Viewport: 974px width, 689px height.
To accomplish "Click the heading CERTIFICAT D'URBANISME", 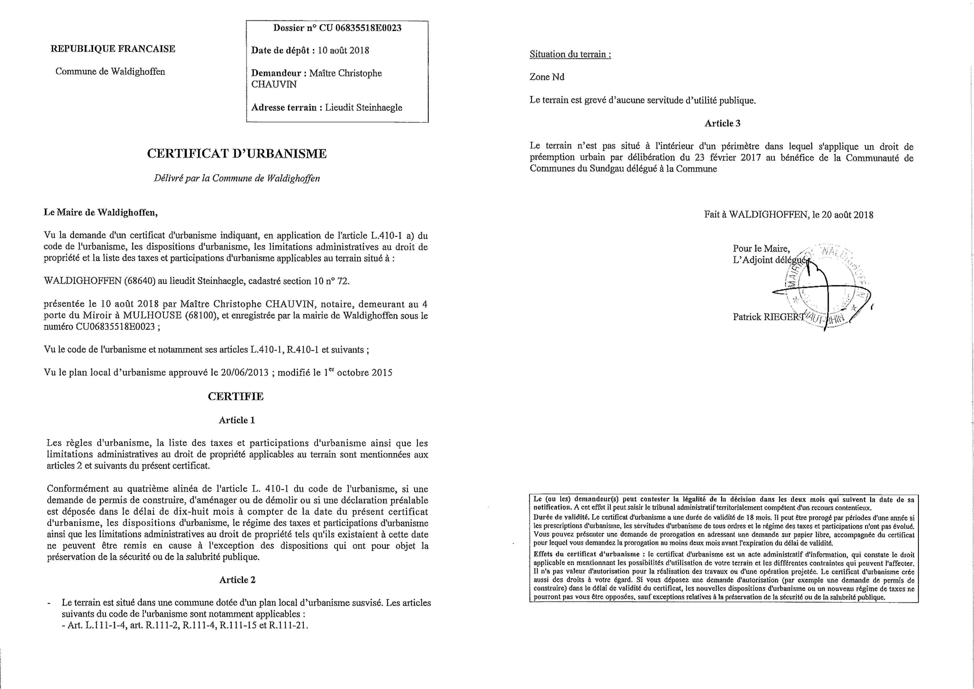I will point(237,154).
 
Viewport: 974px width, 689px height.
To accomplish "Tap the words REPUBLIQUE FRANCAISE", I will point(113,49).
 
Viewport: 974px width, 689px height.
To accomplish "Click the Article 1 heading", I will point(237,420).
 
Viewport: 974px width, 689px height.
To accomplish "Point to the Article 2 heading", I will point(237,580).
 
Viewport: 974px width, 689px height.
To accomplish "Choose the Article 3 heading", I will point(723,124).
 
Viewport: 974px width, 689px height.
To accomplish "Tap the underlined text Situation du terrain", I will point(570,54).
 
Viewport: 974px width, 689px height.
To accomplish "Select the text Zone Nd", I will point(547,77).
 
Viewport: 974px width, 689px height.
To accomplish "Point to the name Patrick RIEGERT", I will point(768,317).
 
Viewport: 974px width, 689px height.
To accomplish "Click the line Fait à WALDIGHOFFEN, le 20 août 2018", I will point(789,215).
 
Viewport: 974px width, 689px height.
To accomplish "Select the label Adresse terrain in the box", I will point(284,108).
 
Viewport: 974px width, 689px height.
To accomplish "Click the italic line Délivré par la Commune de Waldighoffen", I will point(237,178).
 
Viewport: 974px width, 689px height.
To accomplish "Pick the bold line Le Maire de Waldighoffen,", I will point(100,213).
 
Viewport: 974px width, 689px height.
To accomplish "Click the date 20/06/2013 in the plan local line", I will point(245,373).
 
